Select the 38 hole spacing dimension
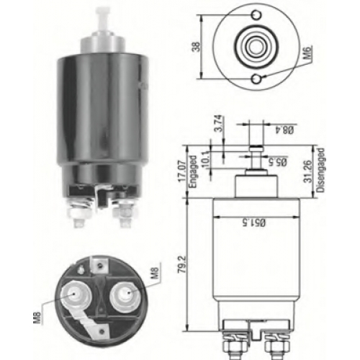(197, 47)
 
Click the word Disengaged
(320, 170)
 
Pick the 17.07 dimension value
(182, 171)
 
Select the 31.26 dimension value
(308, 171)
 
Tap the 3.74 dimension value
(221, 123)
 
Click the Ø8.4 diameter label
(284, 130)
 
